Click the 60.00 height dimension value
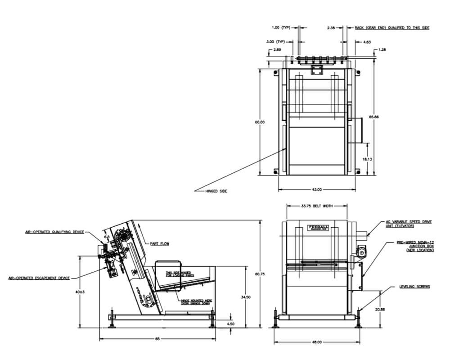pos(260,122)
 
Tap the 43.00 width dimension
pos(317,189)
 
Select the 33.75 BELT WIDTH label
pos(316,206)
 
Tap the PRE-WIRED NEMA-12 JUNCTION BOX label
pos(415,246)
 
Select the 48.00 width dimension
pos(316,342)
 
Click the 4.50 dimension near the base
pos(230,324)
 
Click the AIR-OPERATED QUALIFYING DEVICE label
pos(54,232)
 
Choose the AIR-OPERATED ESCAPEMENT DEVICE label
pos(39,278)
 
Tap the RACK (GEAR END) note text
pos(392,27)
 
